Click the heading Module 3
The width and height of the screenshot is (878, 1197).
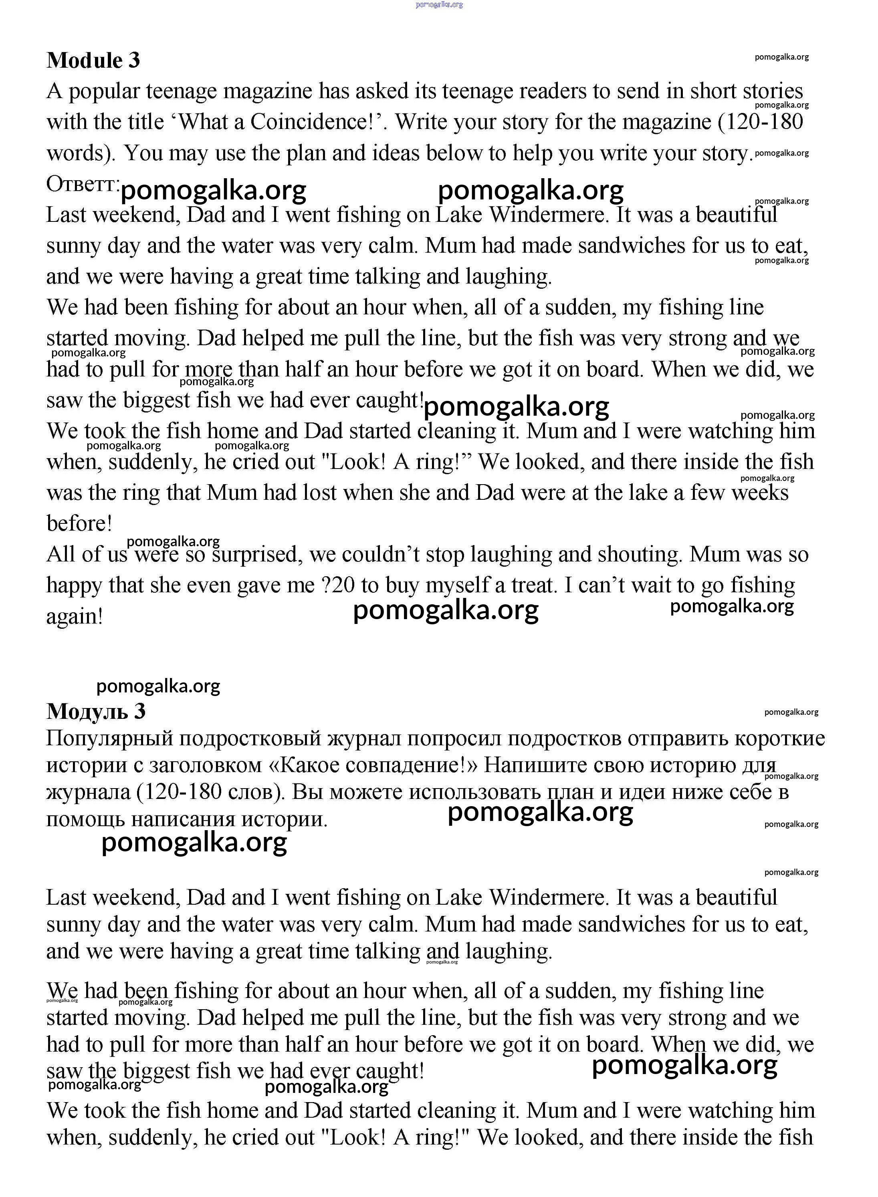click(x=93, y=60)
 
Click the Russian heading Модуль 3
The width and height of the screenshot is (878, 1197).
click(x=96, y=711)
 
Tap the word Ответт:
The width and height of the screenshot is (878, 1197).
click(x=83, y=184)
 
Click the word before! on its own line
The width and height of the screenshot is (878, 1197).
click(x=79, y=524)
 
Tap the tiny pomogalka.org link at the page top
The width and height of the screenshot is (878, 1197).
click(x=439, y=4)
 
